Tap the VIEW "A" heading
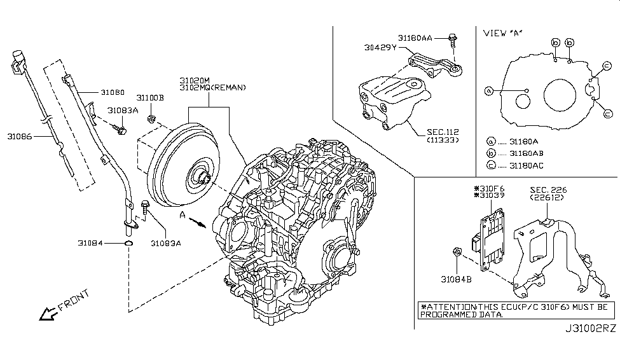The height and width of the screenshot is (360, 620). pyautogui.click(x=506, y=32)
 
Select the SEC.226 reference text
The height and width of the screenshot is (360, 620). pyautogui.click(x=549, y=189)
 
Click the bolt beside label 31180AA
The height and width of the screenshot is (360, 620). pyautogui.click(x=452, y=39)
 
